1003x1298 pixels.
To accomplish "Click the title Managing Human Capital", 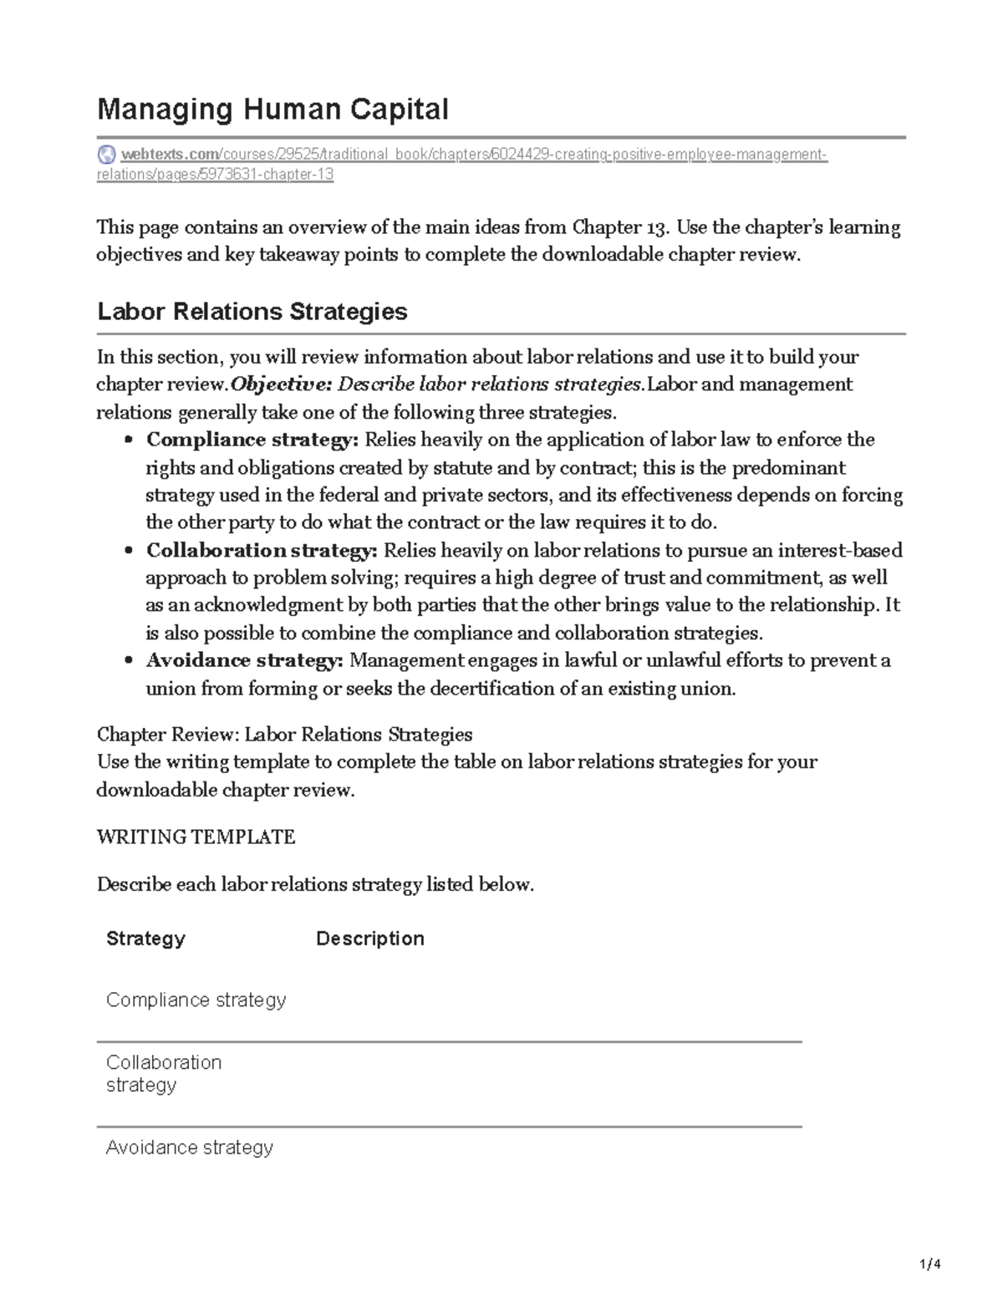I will [273, 109].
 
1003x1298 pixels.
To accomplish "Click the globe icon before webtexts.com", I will [107, 155].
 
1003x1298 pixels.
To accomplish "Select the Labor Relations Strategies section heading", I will [252, 312].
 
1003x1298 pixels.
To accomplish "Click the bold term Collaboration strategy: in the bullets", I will [262, 550].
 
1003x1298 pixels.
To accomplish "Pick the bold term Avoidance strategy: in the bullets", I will [244, 660].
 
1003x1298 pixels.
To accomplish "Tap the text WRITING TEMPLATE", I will [196, 837].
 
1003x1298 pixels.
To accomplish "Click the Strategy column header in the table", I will [145, 939].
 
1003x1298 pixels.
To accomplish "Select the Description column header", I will [369, 939].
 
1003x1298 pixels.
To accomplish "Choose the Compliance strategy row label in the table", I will [196, 1000].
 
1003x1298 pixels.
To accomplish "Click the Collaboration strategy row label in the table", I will [164, 1073].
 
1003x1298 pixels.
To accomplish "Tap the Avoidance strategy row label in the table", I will [190, 1147].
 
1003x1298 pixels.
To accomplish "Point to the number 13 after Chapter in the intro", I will [656, 227].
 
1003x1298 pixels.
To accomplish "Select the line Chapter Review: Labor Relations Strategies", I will [284, 735].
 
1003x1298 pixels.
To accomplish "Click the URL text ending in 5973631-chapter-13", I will [215, 175].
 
